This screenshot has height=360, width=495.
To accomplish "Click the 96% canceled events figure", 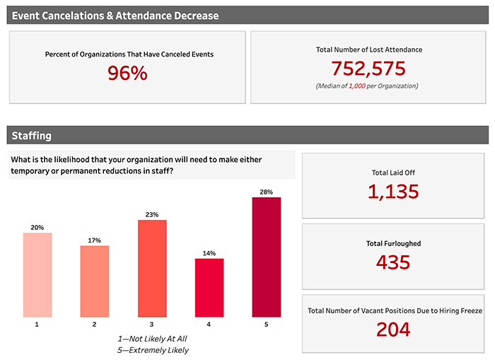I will (x=127, y=73).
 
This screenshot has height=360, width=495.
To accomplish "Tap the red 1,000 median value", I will (x=357, y=86).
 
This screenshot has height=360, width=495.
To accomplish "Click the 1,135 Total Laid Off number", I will (x=393, y=191).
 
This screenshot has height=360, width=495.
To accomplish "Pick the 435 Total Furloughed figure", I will (x=393, y=262).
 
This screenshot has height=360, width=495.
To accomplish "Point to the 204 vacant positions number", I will (x=393, y=329).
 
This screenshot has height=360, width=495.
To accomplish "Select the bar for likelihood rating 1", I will (x=37, y=274).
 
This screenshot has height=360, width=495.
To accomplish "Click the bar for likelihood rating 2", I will (x=95, y=281).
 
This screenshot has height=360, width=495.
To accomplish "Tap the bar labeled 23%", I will (x=152, y=268).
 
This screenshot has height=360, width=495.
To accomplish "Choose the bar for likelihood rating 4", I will (x=209, y=287).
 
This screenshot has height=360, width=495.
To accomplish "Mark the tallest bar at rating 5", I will (x=266, y=256).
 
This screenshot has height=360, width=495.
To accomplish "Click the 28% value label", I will (x=266, y=192).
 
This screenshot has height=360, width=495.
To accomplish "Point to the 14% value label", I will (x=209, y=253).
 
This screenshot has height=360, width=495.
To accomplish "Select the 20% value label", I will (x=37, y=228).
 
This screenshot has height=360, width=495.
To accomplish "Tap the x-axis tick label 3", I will (x=152, y=325).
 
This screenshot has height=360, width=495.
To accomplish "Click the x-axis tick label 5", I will (x=266, y=325).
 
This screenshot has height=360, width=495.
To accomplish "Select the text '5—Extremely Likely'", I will (x=153, y=350).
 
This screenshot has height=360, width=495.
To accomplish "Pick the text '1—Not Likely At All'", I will (x=153, y=338).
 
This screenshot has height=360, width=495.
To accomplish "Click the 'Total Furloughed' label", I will (x=393, y=243).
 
